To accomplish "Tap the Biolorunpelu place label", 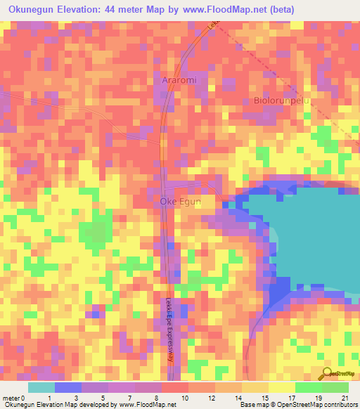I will point(281,100).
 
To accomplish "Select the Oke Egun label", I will point(181,202).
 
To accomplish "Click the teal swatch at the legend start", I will point(41,387).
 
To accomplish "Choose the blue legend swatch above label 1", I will point(68,387).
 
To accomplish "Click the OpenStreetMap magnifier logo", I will point(325,374).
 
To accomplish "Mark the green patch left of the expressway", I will point(95,232).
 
